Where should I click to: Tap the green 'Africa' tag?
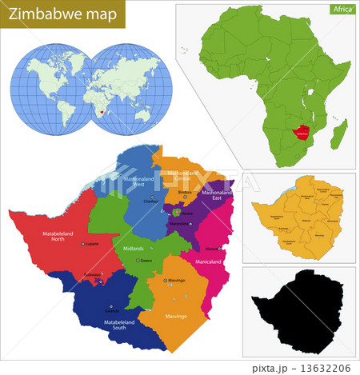tap(342, 10)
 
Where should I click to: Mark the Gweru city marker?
tap(138, 261)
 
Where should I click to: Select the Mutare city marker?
tap(221, 249)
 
